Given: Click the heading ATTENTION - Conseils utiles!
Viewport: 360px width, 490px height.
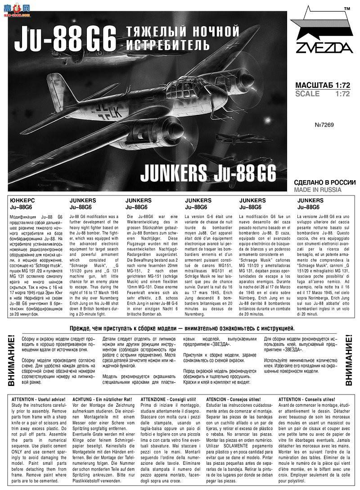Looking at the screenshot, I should point(307,399).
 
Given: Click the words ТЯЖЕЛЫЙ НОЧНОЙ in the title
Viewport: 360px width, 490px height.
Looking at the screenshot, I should point(181,32).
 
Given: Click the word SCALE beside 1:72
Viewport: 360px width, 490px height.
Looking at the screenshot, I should point(308,94).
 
